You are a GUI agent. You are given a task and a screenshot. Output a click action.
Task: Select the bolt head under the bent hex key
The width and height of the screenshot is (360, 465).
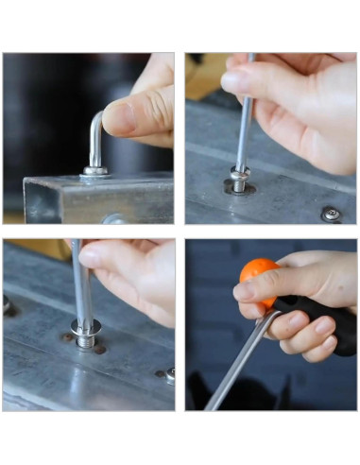click(x=94, y=173)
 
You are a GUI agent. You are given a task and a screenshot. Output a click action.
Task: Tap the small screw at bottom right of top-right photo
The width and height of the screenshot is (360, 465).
click(x=331, y=214)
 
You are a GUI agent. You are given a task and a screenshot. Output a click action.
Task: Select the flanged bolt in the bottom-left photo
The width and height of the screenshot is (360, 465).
click(x=84, y=331)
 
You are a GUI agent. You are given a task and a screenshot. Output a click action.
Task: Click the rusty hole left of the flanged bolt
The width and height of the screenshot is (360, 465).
click(x=65, y=337)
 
